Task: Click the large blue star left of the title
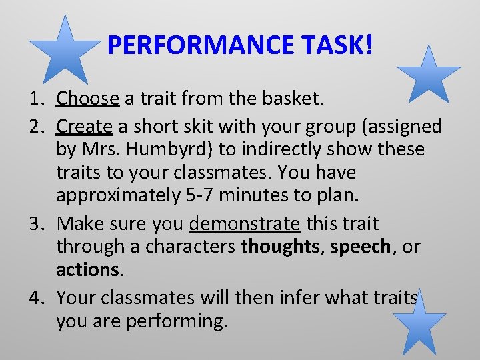coord(64,49)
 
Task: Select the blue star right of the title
coord(428,75)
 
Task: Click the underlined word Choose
coord(87,99)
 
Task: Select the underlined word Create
coord(85,125)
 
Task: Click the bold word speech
coord(359,246)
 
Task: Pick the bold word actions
coord(87,270)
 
